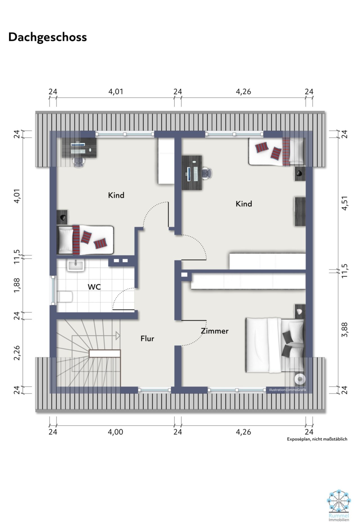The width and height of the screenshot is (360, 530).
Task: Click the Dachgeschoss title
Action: click(48, 37)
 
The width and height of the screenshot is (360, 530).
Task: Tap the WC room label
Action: click(94, 287)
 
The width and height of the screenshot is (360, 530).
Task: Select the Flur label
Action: click(147, 339)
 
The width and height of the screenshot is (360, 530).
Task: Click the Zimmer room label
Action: click(215, 331)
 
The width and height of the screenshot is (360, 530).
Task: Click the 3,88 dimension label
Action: click(345, 329)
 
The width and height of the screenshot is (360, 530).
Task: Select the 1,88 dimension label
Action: click(17, 285)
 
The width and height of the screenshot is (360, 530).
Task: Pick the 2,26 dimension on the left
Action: click(17, 352)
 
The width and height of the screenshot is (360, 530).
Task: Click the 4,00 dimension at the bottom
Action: click(115, 432)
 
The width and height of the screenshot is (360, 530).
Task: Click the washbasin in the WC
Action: click(76, 265)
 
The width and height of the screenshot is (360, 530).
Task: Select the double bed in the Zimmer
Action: click(274, 345)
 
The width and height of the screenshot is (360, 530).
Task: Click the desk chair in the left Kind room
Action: click(79, 162)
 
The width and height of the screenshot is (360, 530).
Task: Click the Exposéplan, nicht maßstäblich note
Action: click(317, 439)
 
